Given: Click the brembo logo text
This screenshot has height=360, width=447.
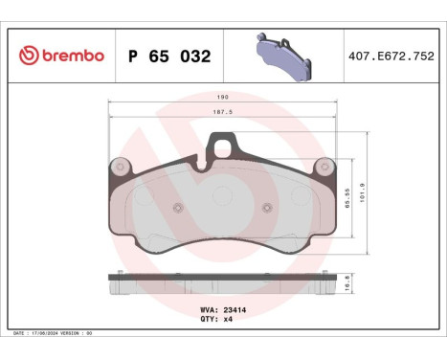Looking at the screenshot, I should click(x=71, y=56).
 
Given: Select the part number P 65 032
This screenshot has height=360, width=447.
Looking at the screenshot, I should click(x=169, y=56).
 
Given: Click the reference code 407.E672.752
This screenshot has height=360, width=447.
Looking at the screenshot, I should click(x=391, y=56).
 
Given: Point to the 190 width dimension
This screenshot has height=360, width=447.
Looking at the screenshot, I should click(x=223, y=97).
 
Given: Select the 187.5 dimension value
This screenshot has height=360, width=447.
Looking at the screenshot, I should click(x=223, y=112).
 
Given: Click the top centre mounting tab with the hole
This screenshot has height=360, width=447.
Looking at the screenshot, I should click(x=224, y=147).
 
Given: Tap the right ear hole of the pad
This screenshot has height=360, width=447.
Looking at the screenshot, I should click(x=328, y=165).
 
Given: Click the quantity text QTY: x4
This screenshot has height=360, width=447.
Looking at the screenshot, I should click(x=217, y=321).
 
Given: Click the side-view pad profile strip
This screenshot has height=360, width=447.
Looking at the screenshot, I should click(x=223, y=285).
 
